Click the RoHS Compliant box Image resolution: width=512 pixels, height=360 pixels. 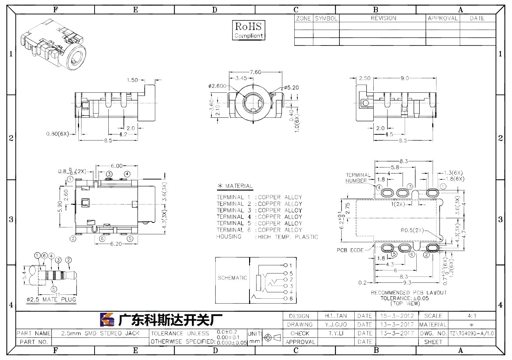click(248, 30)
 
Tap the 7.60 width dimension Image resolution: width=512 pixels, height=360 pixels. click(255, 72)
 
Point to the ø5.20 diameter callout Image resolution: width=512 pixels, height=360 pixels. click(291, 87)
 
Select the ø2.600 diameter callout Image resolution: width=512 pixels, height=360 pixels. click(217, 86)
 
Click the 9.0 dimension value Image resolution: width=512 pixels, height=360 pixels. click(405, 78)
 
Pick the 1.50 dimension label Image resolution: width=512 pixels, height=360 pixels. click(132, 80)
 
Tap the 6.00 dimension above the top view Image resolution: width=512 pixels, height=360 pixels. click(117, 166)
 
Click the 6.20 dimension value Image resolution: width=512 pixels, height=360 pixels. click(116, 244)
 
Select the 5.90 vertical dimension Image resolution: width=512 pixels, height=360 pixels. click(60, 207)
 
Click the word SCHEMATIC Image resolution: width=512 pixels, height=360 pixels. click(232, 278)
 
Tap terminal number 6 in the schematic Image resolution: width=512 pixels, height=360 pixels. click(291, 299)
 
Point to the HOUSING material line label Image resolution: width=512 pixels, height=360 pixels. click(229, 237)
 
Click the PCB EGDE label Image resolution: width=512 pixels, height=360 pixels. click(350, 250)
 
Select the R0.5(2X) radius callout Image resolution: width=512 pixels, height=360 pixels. click(412, 230)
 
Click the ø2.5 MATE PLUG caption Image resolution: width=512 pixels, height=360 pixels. click(51, 299)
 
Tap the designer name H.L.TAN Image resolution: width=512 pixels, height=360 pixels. click(336, 316)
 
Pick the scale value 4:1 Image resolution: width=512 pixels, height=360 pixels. click(472, 316)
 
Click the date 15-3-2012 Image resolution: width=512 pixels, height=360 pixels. click(397, 316)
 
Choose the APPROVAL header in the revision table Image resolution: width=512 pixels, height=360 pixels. click(443, 18)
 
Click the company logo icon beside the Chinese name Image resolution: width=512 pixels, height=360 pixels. click(107, 319)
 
